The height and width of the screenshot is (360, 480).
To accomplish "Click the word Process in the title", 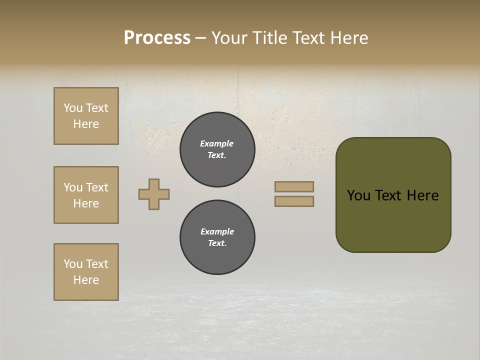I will pyautogui.click(x=157, y=38).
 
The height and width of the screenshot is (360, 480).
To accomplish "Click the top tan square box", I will pyautogui.click(x=86, y=116).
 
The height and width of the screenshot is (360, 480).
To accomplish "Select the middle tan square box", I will pyautogui.click(x=86, y=195).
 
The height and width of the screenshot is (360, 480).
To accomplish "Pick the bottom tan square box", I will pyautogui.click(x=86, y=272).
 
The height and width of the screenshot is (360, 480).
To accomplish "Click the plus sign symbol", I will pyautogui.click(x=154, y=194).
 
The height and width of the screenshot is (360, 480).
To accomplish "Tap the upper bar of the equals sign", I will pyautogui.click(x=294, y=186).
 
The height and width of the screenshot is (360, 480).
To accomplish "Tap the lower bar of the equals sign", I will pyautogui.click(x=294, y=201).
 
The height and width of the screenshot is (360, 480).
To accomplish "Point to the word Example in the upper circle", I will pyautogui.click(x=217, y=143).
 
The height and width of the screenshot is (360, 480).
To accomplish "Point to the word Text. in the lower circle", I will pyautogui.click(x=217, y=243).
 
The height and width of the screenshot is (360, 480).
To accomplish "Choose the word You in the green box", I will pyautogui.click(x=359, y=195).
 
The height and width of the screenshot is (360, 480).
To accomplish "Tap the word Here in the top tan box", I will pyautogui.click(x=86, y=124).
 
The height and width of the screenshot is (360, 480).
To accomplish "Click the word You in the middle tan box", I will pyautogui.click(x=72, y=187).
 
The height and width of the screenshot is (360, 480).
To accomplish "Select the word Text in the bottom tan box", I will pyautogui.click(x=97, y=264).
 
